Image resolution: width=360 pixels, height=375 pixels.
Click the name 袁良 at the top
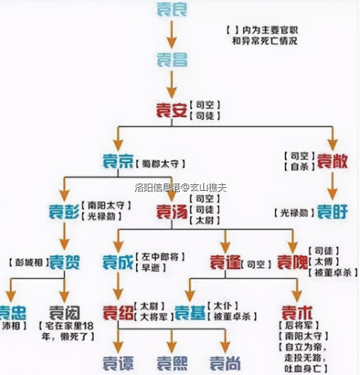pos(171,9)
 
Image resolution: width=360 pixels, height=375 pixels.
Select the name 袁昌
pos(171,60)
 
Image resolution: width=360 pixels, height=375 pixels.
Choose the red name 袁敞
pos(332,161)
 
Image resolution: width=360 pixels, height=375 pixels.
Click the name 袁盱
pos(332,211)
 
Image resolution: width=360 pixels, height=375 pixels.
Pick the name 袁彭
pos(64,211)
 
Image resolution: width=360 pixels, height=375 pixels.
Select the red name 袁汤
pos(171,211)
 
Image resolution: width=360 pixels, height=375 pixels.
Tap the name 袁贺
pos(64,262)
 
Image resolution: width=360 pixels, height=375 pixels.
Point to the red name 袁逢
pos(225,262)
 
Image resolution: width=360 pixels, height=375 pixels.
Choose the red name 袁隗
pos(293,262)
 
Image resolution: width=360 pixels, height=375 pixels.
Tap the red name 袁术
pos(293,312)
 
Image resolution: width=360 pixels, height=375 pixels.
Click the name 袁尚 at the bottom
pos(225,362)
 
